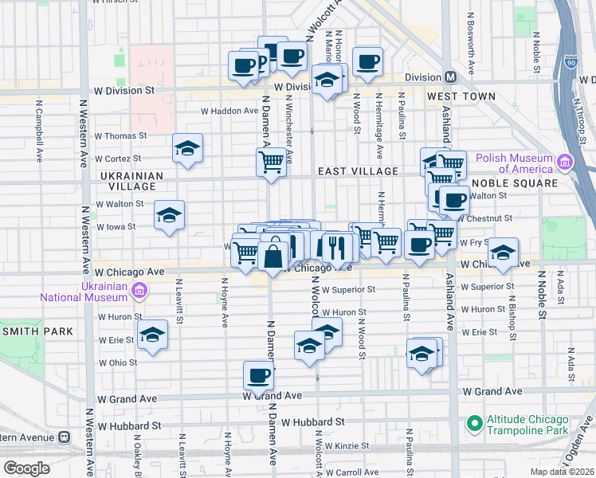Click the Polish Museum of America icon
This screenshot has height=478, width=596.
tap(565, 163)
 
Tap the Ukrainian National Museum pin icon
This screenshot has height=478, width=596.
tap(139, 289)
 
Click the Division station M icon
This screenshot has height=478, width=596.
tap(450, 77)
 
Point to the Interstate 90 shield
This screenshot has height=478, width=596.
tap(571, 61)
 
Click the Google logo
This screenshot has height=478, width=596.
tap(27, 468)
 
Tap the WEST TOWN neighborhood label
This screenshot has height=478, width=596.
tap(461, 96)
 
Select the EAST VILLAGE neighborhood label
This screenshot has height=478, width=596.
tap(358, 171)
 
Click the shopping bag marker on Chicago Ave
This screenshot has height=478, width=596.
tap(273, 256)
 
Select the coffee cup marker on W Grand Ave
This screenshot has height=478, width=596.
tap(258, 376)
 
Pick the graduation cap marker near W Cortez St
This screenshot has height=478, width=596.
tap(187, 149)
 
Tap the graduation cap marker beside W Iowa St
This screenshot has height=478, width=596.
tap(169, 216)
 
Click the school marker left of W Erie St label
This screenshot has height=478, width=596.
tap(152, 336)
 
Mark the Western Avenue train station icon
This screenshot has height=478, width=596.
tap(64, 437)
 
